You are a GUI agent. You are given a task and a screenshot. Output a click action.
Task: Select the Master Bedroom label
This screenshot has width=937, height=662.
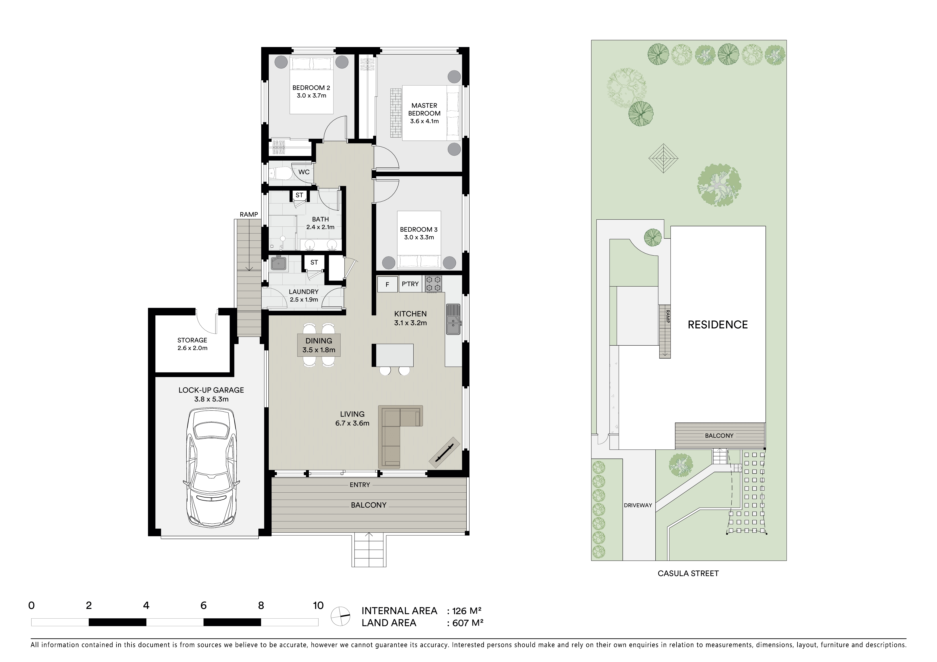coord(424,113)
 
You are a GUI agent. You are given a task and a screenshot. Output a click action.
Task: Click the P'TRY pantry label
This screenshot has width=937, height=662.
coord(410,284)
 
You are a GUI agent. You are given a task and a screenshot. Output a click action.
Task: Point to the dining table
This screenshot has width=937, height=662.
coord(319,345)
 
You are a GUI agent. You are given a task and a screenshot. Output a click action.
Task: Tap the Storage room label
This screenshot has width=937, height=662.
coord(192,344)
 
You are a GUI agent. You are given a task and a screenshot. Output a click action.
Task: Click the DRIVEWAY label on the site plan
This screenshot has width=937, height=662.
coord(638,505)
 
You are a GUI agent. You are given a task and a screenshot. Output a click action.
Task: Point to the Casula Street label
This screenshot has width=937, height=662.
coord(688,573)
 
